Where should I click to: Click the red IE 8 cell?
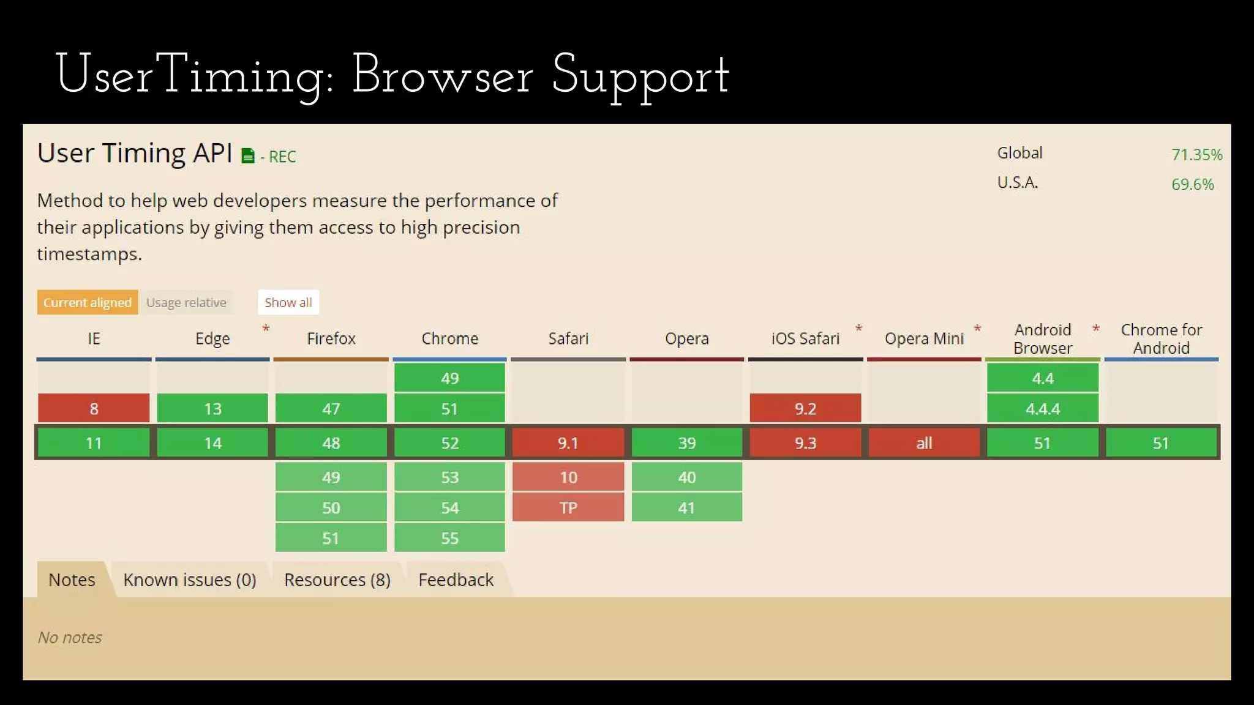[x=94, y=408]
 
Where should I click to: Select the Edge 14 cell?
[x=212, y=442]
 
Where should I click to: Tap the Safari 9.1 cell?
[x=568, y=442]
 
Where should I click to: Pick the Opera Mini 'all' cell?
[x=924, y=442]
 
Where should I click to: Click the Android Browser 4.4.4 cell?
[x=1042, y=408]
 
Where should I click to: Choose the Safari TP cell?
[x=568, y=507]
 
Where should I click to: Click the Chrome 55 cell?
[x=449, y=538]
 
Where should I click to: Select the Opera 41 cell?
[x=686, y=507]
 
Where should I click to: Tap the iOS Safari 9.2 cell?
[x=805, y=408]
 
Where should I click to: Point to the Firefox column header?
[x=331, y=338]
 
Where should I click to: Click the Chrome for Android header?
[x=1161, y=338]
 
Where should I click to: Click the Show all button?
[x=288, y=302]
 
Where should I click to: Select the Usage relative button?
[x=186, y=302]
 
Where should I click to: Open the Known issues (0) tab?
[x=190, y=580]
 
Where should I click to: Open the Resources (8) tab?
[x=337, y=580]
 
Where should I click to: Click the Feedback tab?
[x=456, y=580]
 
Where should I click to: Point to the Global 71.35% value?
[x=1196, y=154]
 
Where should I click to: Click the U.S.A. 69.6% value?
[x=1192, y=184]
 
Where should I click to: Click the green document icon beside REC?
[x=247, y=156]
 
